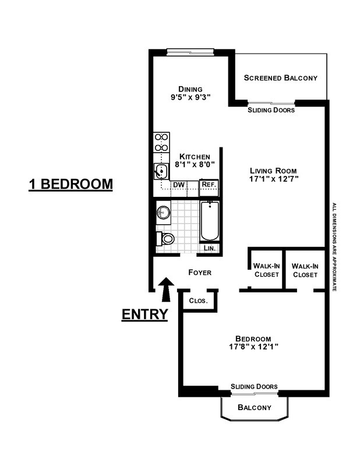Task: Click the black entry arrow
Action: coord(165,289)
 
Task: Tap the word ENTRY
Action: coord(144,315)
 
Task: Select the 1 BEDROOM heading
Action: coord(70,184)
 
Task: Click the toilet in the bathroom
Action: coord(167,239)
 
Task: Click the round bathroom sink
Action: coord(163,213)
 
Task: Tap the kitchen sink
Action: coord(161,170)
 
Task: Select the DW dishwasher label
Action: coord(179,185)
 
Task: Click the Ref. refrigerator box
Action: coord(208,185)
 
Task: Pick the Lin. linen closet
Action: coord(210,248)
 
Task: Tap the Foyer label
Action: coord(199,273)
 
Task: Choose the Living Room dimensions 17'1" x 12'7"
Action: coord(271,179)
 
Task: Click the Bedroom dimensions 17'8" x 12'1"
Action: coord(253,348)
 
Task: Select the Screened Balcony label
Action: coord(280,77)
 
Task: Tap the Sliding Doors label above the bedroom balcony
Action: coord(253,386)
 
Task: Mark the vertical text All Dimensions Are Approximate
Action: coord(334,247)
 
